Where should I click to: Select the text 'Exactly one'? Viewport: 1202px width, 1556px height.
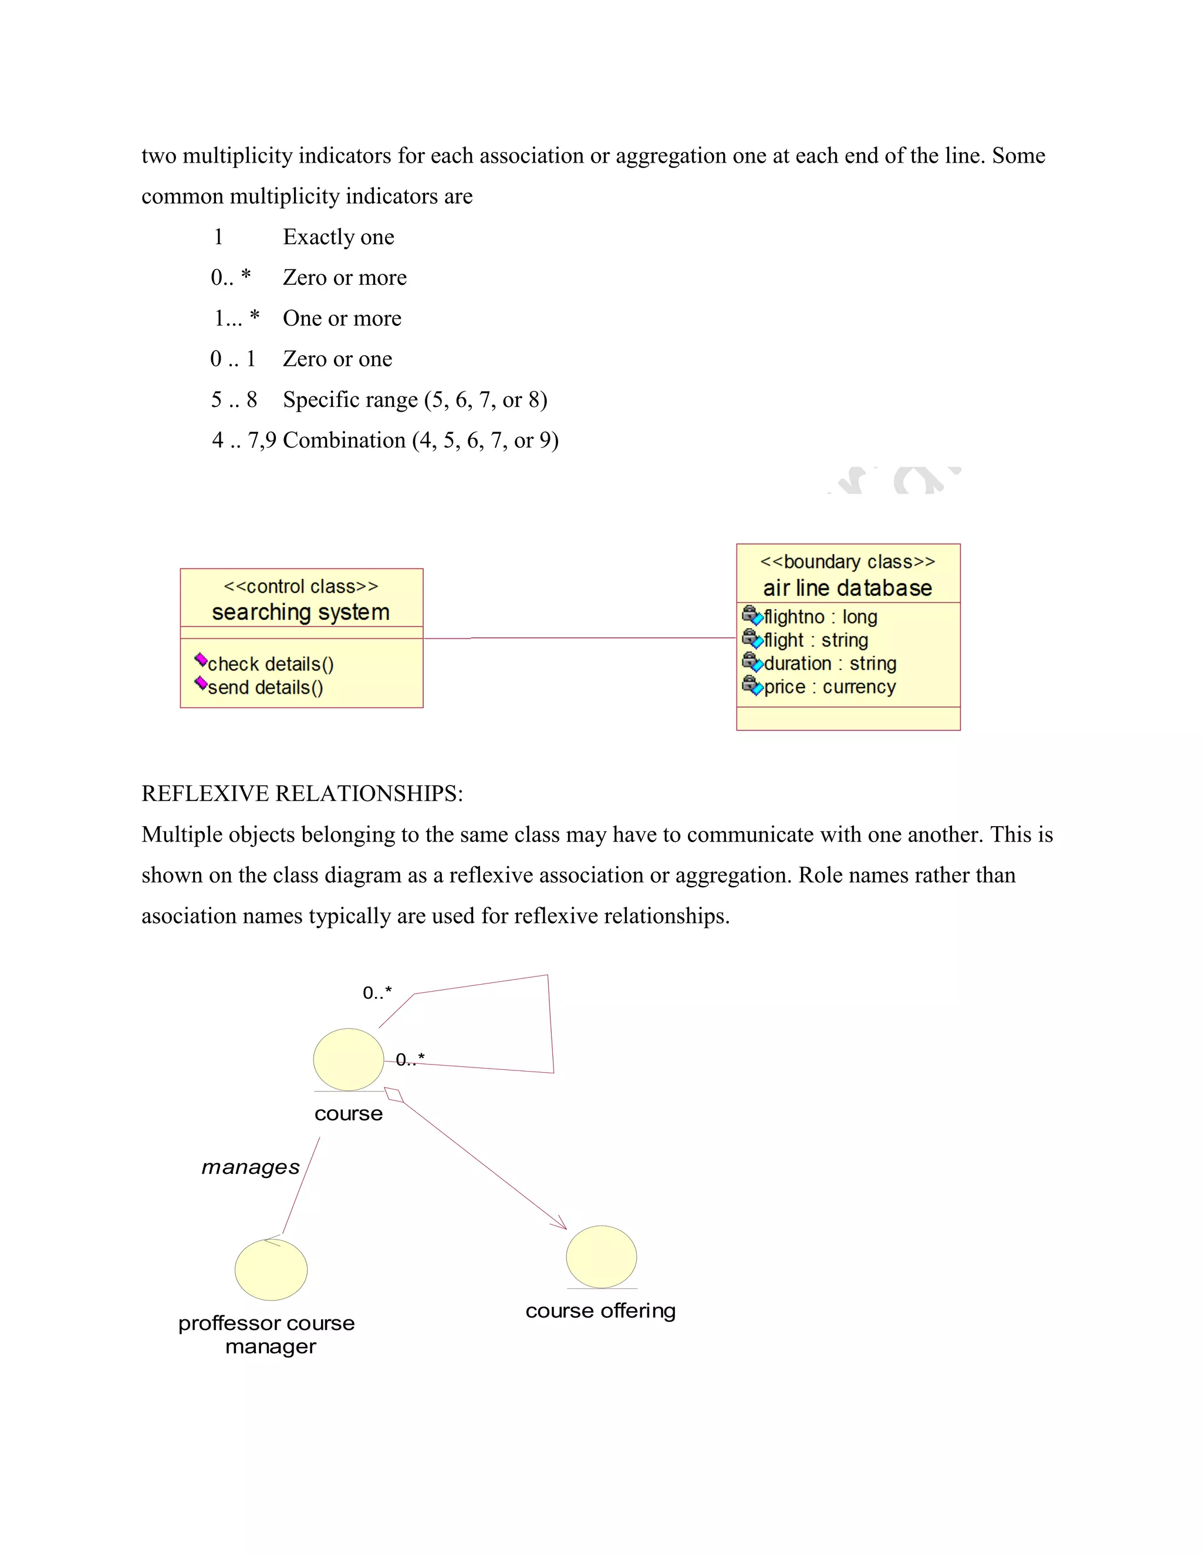(x=338, y=237)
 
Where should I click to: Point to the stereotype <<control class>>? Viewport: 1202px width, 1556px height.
(x=300, y=587)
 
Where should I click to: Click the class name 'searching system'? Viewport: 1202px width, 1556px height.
(x=300, y=612)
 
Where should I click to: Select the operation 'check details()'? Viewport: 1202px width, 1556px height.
(x=271, y=664)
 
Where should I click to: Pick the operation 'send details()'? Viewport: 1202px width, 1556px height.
(x=265, y=688)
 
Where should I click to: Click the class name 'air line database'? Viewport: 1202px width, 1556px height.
(x=848, y=588)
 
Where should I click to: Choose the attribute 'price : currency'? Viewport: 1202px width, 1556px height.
(x=829, y=687)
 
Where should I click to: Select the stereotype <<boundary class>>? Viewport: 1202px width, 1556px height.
(x=848, y=561)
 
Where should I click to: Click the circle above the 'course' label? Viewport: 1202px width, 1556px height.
(x=348, y=1059)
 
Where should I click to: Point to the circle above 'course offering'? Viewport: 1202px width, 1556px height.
(x=601, y=1257)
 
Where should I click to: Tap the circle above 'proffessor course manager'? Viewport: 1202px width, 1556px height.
(x=271, y=1269)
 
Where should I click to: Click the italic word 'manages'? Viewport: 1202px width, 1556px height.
(x=251, y=1167)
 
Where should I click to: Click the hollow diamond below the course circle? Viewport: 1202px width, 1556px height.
(x=394, y=1095)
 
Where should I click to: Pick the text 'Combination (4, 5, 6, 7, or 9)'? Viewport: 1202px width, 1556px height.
(x=420, y=440)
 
